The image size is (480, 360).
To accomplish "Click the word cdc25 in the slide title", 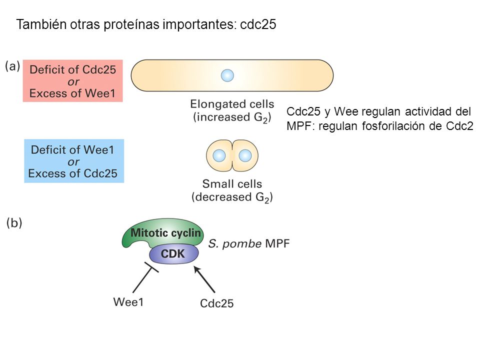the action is click(x=258, y=24).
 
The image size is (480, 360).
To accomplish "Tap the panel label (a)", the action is click(x=12, y=66).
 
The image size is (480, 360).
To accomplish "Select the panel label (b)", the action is click(x=14, y=222).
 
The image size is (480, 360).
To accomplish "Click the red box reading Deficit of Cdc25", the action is click(x=73, y=81).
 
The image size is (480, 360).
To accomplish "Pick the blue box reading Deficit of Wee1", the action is click(x=74, y=161).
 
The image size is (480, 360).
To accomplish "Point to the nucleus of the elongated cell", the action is click(x=227, y=75).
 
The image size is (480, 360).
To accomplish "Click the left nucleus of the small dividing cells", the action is click(x=219, y=155).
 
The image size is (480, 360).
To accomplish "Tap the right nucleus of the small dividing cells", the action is click(x=245, y=155).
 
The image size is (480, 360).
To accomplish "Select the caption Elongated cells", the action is click(x=232, y=104).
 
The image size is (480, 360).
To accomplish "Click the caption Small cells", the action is click(x=232, y=183).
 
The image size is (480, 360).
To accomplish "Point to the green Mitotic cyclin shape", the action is click(x=162, y=234).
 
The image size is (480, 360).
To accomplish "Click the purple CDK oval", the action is click(x=174, y=254).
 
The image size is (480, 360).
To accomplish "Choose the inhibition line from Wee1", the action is click(x=145, y=277).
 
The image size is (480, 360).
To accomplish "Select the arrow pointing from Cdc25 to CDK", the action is click(x=204, y=279).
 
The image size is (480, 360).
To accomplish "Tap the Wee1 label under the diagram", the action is click(x=128, y=302).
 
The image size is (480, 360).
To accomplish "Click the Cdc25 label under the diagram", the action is click(x=216, y=303).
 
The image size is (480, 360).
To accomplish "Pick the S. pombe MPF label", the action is click(x=249, y=243).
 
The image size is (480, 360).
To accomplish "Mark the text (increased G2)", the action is click(x=232, y=117).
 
